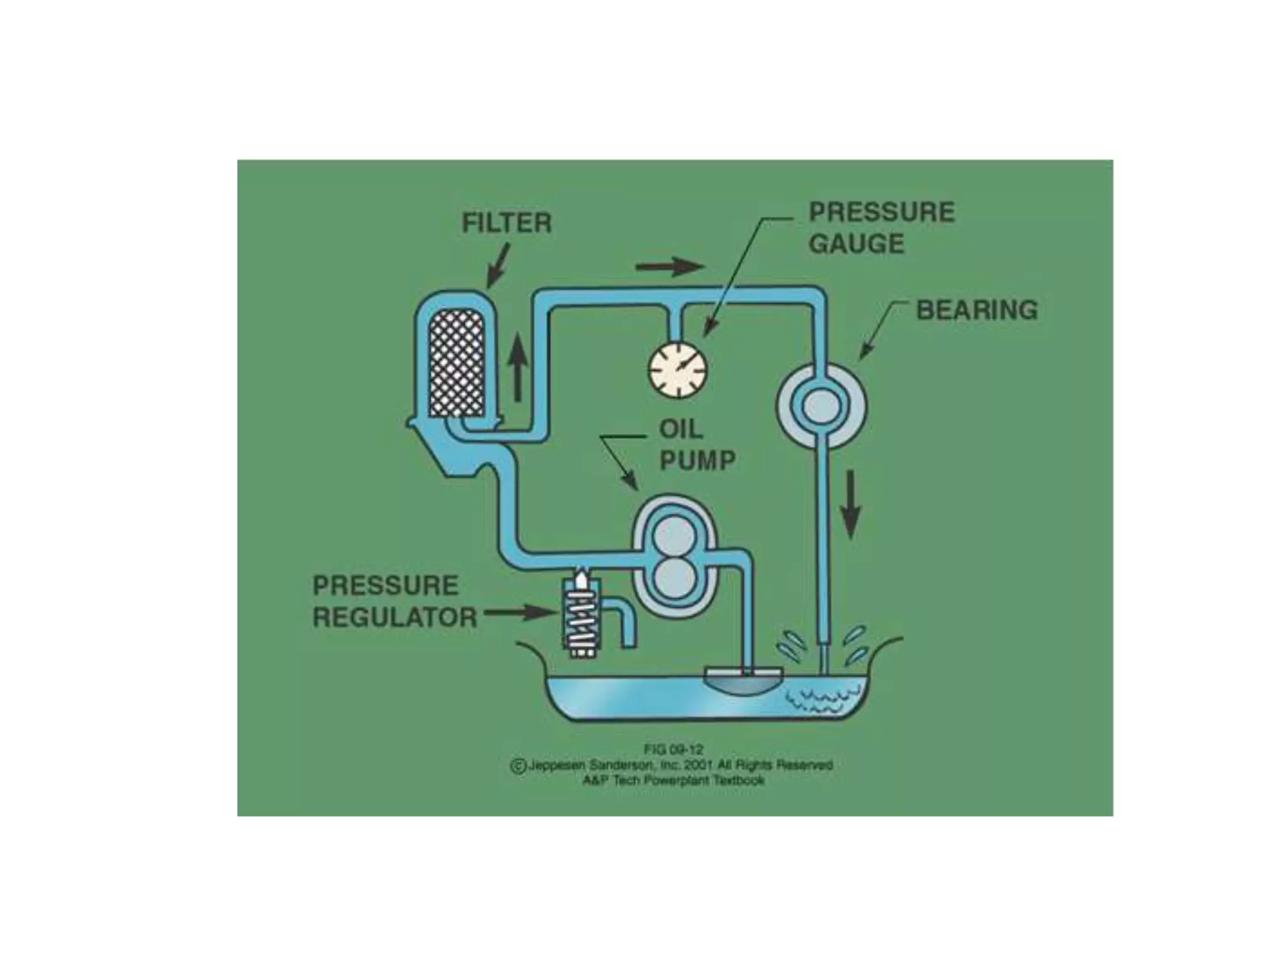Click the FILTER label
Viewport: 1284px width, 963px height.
(507, 223)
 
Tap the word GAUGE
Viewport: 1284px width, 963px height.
(856, 243)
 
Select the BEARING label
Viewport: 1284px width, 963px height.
(977, 310)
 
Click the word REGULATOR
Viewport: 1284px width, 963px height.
(395, 618)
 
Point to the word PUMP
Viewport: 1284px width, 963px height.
(697, 461)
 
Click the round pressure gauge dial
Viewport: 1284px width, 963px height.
(677, 369)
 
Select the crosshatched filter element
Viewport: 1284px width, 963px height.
(455, 364)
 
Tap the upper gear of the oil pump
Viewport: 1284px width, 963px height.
(675, 534)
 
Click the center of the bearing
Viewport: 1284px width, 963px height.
(821, 406)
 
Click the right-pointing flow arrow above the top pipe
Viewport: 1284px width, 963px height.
(670, 266)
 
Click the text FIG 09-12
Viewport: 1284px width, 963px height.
(674, 749)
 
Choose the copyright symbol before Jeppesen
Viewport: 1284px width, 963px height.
(518, 766)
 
